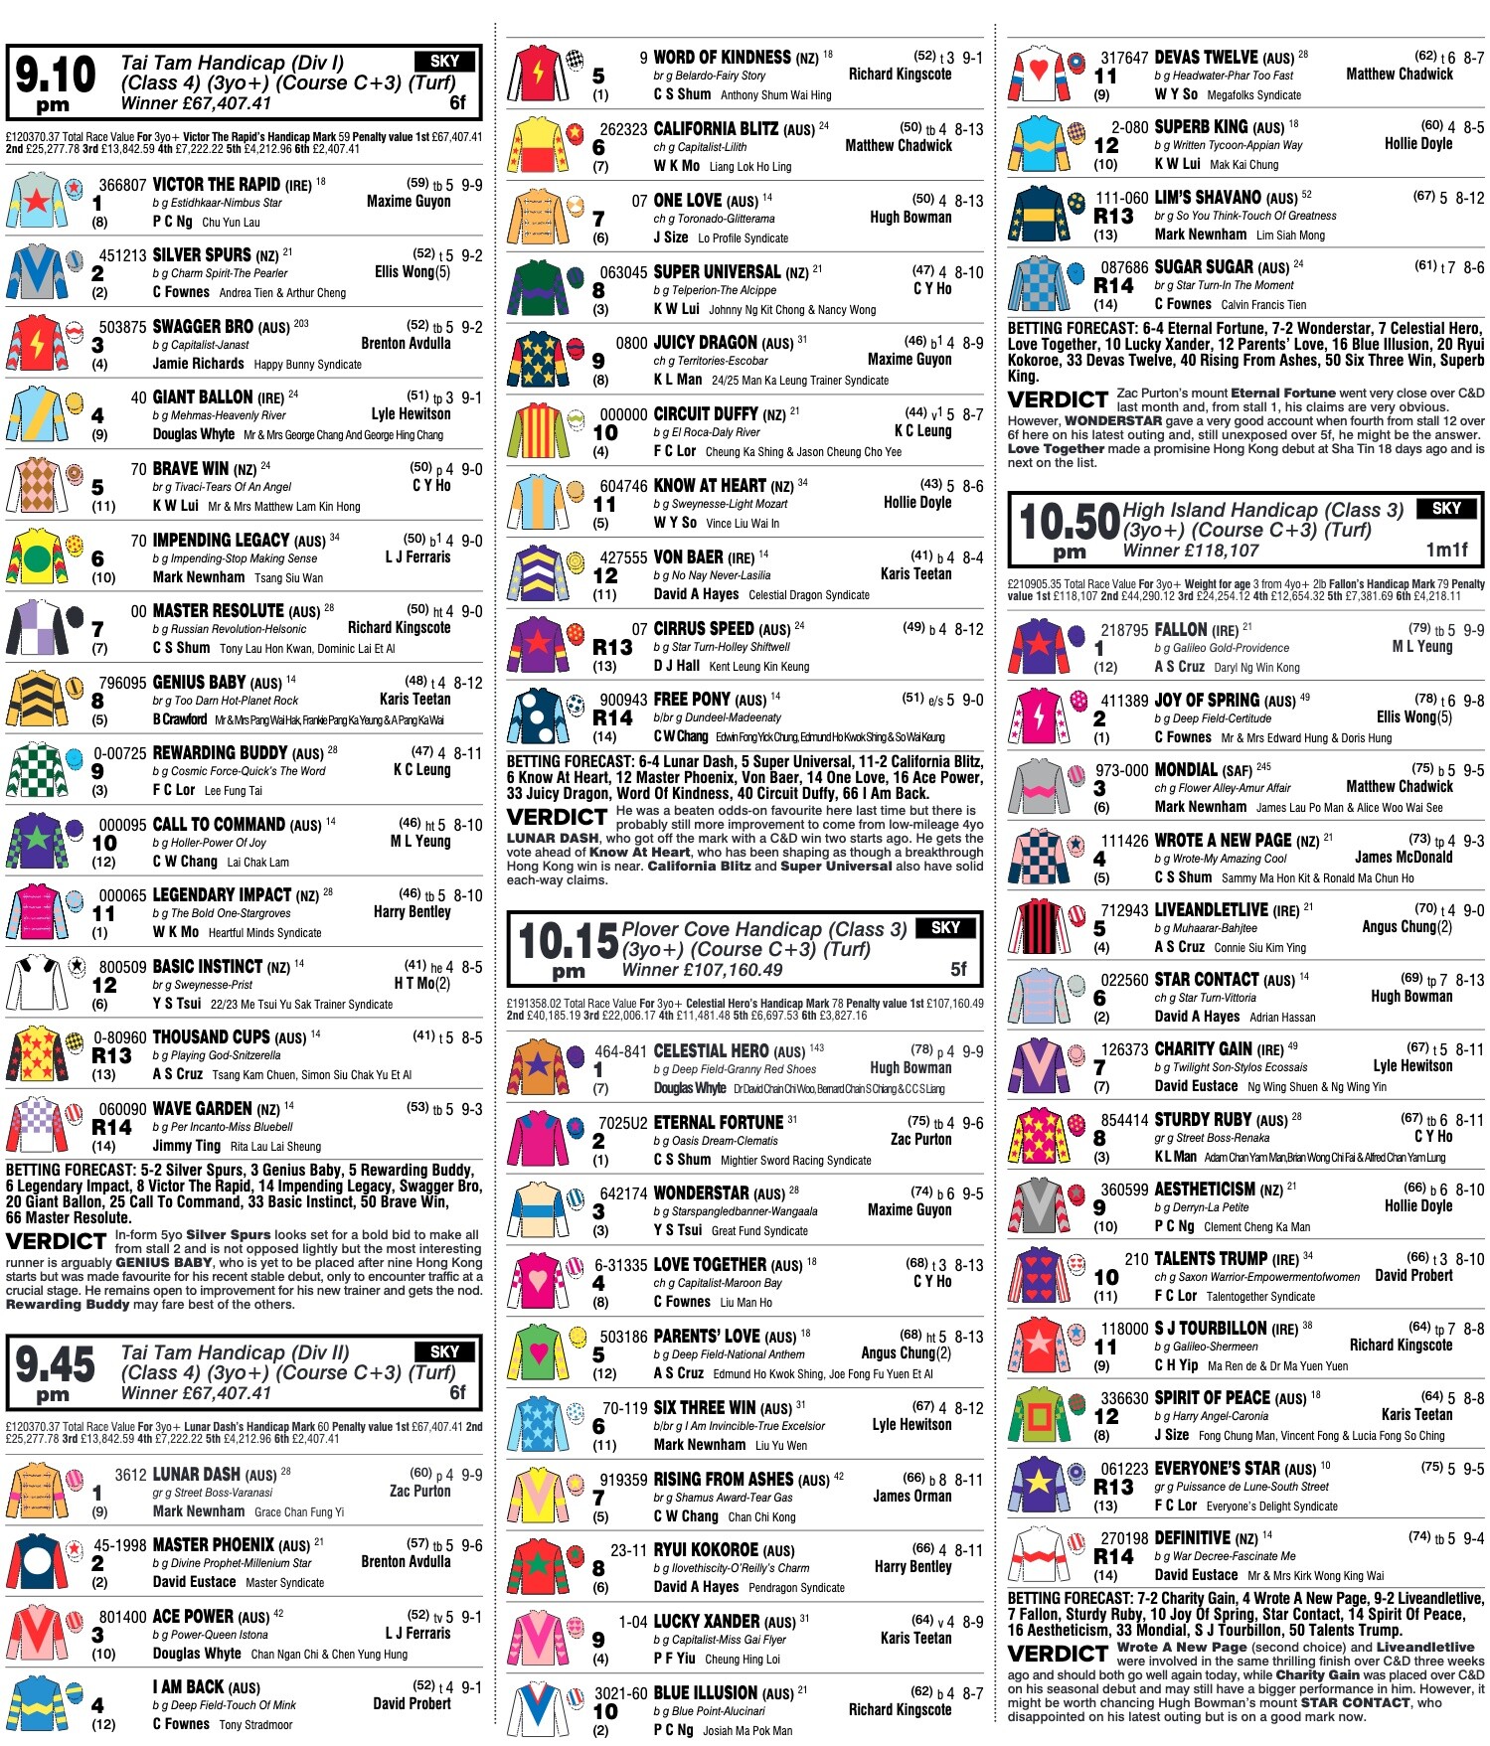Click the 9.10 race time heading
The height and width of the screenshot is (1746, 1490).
point(56,81)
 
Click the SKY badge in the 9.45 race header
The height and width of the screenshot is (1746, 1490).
point(444,1351)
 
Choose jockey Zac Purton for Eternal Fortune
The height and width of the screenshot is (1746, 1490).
point(920,1139)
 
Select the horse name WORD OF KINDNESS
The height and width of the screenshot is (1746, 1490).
point(723,58)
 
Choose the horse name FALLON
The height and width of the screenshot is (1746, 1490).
point(1181,629)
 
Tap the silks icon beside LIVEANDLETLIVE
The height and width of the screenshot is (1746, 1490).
point(1039,927)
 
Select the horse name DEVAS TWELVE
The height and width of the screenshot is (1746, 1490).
point(1211,58)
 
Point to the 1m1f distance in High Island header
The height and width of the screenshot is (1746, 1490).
point(1446,550)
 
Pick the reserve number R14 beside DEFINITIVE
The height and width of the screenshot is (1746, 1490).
point(1113,1557)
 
